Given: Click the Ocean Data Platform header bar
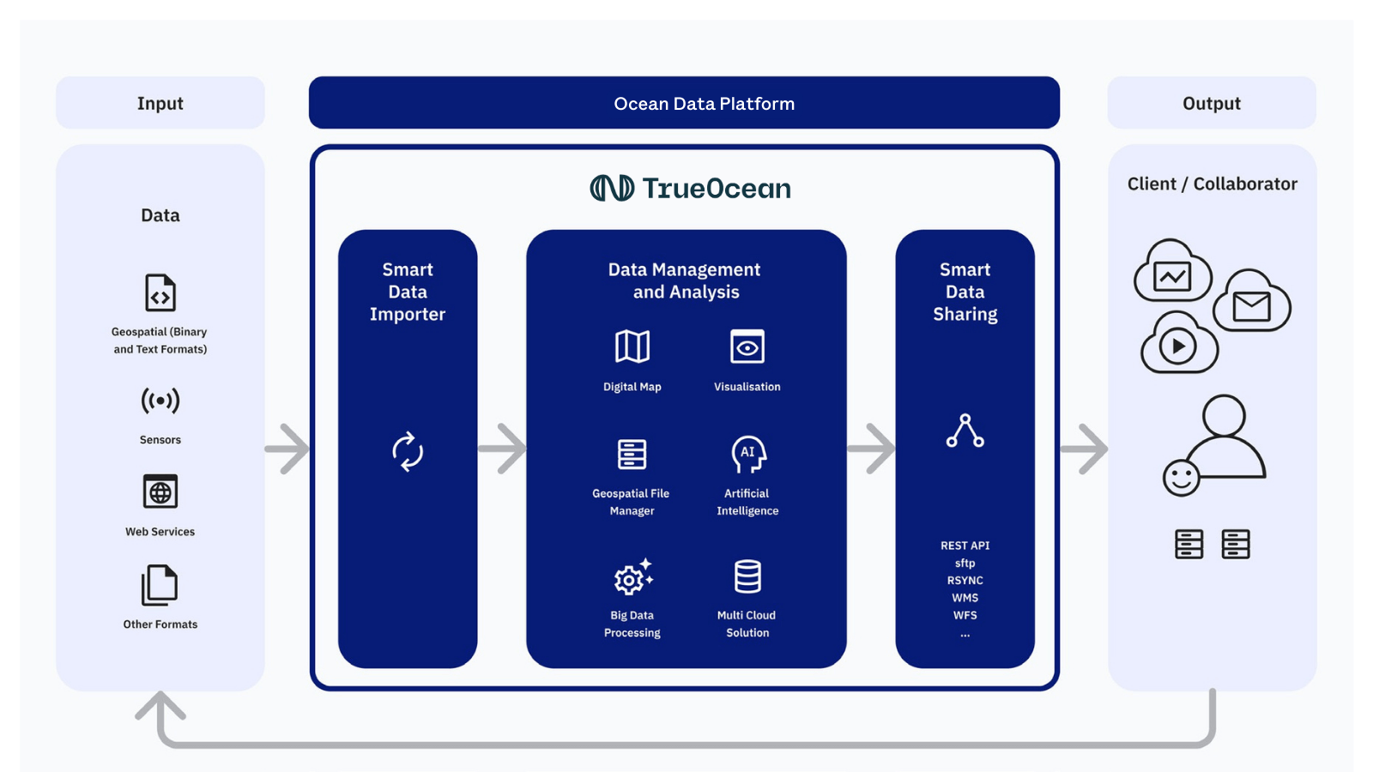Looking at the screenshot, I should pyautogui.click(x=684, y=103).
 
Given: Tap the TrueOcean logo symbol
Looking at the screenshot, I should pyautogui.click(x=612, y=188).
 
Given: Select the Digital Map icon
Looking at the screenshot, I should pyautogui.click(x=632, y=347).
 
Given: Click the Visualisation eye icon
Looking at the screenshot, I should pyautogui.click(x=747, y=347).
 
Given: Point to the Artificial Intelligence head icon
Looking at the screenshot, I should pyautogui.click(x=748, y=454).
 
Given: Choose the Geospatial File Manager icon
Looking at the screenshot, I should pyautogui.click(x=632, y=454).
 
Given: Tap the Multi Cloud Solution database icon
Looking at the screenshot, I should pyautogui.click(x=747, y=576).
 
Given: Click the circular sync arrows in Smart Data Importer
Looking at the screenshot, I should pyautogui.click(x=408, y=451).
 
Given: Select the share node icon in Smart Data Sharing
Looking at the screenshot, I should pyautogui.click(x=965, y=431).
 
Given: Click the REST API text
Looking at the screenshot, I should pyautogui.click(x=965, y=546).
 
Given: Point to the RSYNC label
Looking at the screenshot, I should pyautogui.click(x=965, y=581).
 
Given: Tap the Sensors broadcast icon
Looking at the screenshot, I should pyautogui.click(x=160, y=401).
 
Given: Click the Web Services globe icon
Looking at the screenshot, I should pyautogui.click(x=160, y=492).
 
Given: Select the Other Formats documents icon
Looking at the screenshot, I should pyautogui.click(x=160, y=586).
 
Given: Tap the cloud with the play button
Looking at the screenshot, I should pyautogui.click(x=1178, y=344).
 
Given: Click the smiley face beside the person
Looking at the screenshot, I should pyautogui.click(x=1181, y=478).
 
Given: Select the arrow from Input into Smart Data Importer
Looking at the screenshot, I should pyautogui.click(x=288, y=449).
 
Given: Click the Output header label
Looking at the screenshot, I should pyautogui.click(x=1211, y=103).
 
